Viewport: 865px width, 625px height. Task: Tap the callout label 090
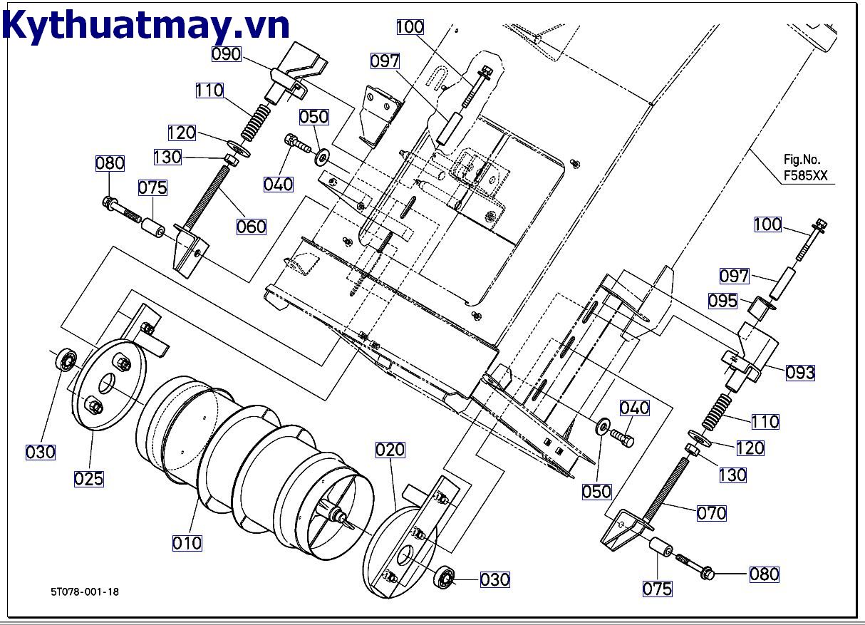(x=227, y=54)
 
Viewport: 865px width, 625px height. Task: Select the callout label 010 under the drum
(x=187, y=543)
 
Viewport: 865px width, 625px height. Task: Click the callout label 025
(x=89, y=479)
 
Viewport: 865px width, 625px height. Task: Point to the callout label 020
(x=390, y=450)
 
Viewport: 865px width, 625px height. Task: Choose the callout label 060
(x=251, y=227)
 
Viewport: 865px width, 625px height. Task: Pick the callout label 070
(x=711, y=512)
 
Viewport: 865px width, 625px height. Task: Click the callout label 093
(x=800, y=373)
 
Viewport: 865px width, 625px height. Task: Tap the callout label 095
(x=723, y=301)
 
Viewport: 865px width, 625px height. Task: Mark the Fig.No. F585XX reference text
(x=806, y=168)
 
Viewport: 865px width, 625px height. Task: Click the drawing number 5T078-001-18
(x=85, y=592)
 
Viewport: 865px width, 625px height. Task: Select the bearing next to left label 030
(x=68, y=359)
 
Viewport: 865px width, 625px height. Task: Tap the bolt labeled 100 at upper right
(x=814, y=240)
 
